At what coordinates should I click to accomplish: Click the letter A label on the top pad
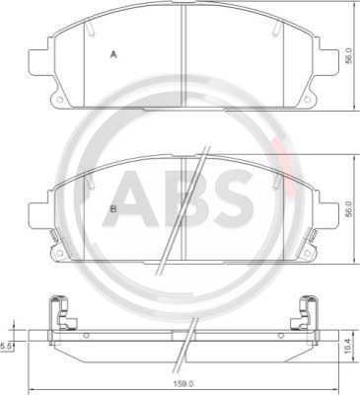pyautogui.click(x=113, y=54)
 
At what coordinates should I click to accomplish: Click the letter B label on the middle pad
pyautogui.click(x=113, y=208)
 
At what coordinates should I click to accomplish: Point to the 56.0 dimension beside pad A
pyautogui.click(x=349, y=55)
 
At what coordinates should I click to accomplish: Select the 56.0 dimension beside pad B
pyautogui.click(x=349, y=208)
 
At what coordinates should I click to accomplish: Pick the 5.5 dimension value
pyautogui.click(x=6, y=346)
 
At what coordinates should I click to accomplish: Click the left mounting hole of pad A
pyautogui.click(x=59, y=99)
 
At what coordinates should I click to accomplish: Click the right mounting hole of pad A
pyautogui.click(x=307, y=99)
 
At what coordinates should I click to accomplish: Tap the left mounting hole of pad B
pyautogui.click(x=59, y=253)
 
